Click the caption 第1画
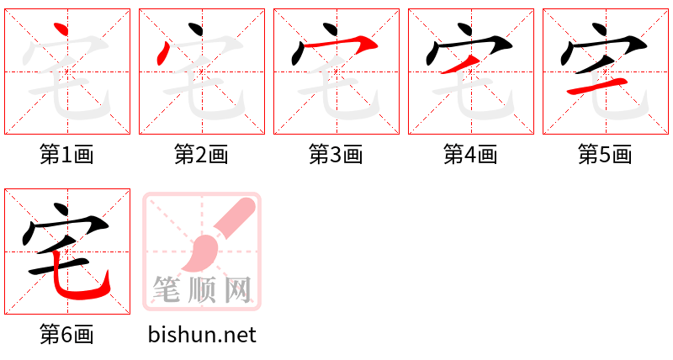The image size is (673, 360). click(x=66, y=155)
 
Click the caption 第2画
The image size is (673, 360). click(x=201, y=155)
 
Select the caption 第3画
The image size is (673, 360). click(x=336, y=155)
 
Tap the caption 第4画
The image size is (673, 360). click(x=470, y=155)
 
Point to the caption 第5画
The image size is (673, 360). click(x=605, y=155)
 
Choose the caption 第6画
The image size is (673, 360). click(x=66, y=335)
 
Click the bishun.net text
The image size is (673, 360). click(x=202, y=335)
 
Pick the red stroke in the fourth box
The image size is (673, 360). click(x=461, y=63)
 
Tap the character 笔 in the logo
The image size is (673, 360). click(x=169, y=289)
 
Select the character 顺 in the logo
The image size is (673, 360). click(x=203, y=289)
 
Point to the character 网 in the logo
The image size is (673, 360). click(x=236, y=289)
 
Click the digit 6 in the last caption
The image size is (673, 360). click(x=66, y=335)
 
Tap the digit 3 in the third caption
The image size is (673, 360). click(x=336, y=155)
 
